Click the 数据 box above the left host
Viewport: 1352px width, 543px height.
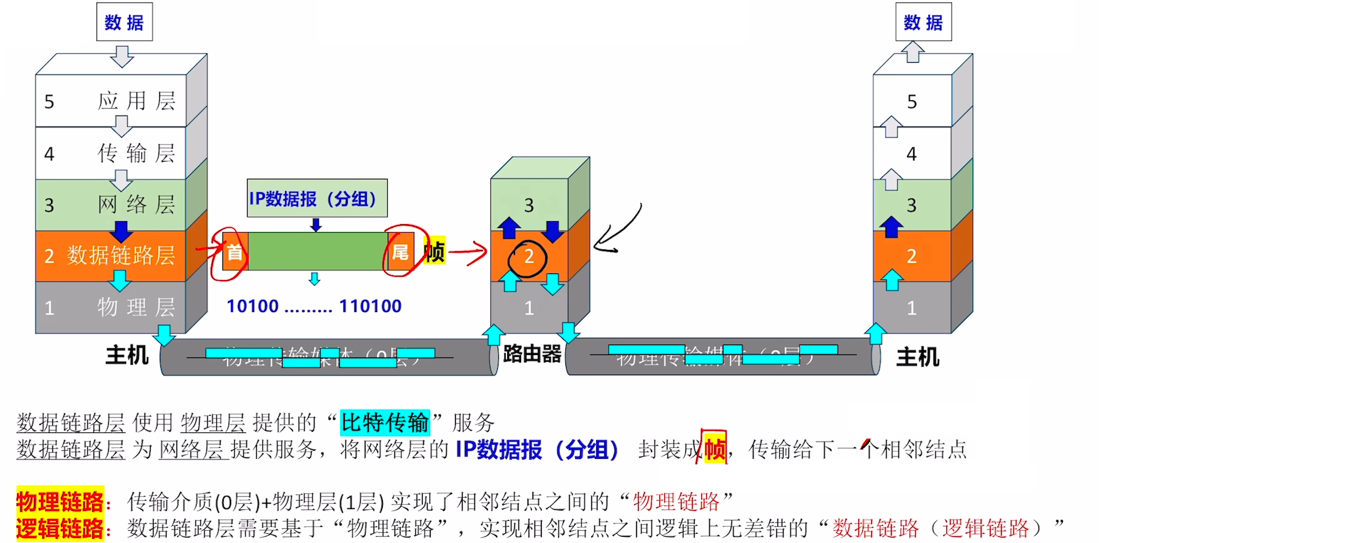tap(124, 23)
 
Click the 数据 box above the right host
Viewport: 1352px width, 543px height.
tap(923, 23)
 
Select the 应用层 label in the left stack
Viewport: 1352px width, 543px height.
tap(136, 101)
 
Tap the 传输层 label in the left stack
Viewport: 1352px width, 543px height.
tap(136, 153)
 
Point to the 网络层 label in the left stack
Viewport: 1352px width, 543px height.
tap(136, 205)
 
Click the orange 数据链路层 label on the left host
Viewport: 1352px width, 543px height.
tap(120, 256)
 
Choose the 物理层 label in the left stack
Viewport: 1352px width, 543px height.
tap(136, 307)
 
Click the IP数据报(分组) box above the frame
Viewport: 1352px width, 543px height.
tap(316, 198)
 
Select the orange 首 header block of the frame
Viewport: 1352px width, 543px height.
tap(235, 252)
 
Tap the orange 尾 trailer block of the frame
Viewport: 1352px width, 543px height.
tap(400, 252)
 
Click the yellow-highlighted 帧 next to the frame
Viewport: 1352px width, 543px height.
tap(434, 251)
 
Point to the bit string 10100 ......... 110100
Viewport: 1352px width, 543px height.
tap(314, 306)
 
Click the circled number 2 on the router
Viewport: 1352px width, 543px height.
tap(529, 257)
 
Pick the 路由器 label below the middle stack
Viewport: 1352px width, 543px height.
tap(532, 354)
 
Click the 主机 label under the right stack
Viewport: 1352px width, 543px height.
tap(918, 357)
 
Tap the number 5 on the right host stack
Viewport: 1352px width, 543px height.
tap(912, 101)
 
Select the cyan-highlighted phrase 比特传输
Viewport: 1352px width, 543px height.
tap(385, 423)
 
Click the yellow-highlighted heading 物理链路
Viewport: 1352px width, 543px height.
tap(60, 502)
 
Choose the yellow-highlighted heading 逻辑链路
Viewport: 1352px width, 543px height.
tap(60, 528)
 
